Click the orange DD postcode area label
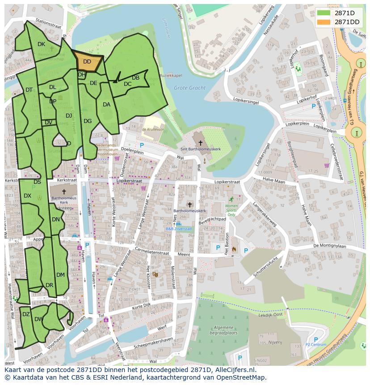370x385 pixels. coord(87,62)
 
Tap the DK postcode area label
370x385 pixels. coord(41,44)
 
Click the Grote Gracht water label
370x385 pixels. coord(190,88)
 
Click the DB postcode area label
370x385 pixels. coord(136,78)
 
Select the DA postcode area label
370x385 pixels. coord(106,105)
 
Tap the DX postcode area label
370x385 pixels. coord(27,196)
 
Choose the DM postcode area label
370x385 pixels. coord(60,275)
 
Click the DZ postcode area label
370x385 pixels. coord(26,314)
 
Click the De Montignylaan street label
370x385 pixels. coord(330,245)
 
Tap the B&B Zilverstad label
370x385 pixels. coord(178,228)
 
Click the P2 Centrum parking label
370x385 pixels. coord(316,345)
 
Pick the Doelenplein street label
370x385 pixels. coord(132,152)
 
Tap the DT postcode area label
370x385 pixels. coord(29,90)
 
